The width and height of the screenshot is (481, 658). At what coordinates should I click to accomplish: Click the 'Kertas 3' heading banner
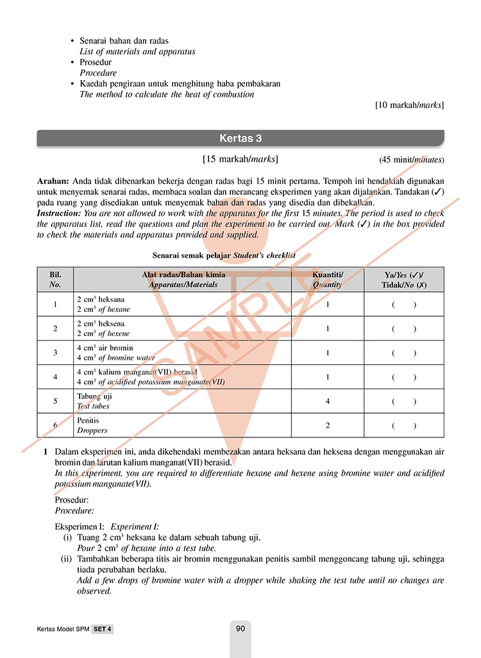click(x=240, y=138)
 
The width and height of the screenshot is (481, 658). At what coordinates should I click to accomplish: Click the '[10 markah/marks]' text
click(x=409, y=105)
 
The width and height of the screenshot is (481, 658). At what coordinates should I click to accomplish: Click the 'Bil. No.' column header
click(x=55, y=280)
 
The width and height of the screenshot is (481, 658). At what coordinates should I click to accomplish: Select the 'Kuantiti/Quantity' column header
click(x=327, y=280)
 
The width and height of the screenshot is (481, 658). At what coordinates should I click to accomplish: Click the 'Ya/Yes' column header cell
click(x=403, y=280)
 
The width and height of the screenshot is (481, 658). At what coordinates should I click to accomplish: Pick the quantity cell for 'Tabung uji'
click(x=327, y=401)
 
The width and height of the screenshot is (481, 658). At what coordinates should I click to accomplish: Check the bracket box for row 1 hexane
click(x=404, y=305)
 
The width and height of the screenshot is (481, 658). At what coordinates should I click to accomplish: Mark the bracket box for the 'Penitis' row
click(x=404, y=425)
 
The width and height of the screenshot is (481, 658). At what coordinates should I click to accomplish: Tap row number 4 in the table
click(x=55, y=377)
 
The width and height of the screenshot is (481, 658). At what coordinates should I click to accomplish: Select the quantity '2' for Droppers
click(x=327, y=425)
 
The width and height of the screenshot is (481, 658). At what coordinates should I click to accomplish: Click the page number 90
click(x=240, y=628)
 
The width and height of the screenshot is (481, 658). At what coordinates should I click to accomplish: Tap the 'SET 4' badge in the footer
click(x=102, y=629)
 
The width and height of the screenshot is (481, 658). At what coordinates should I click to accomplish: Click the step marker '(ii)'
click(x=67, y=559)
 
